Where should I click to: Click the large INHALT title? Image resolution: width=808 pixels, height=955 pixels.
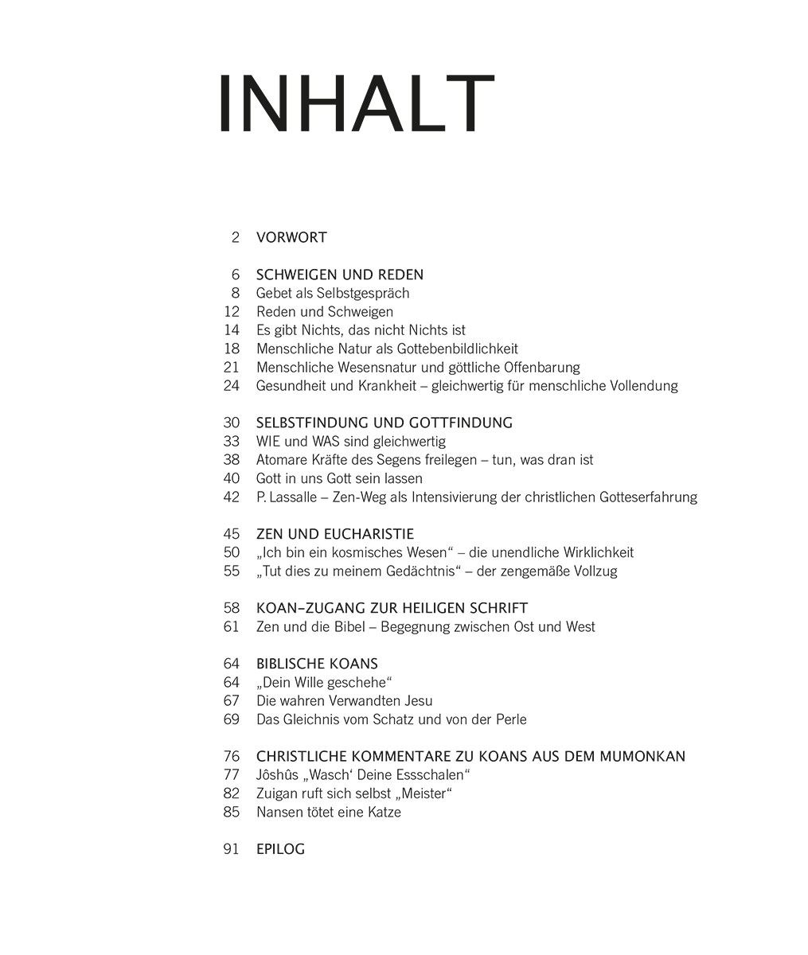point(356,104)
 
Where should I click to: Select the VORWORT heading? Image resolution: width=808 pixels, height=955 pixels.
point(291,237)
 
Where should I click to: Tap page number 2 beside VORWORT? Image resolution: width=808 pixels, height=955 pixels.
point(235,237)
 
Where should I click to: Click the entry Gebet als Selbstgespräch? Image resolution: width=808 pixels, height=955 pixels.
point(333,293)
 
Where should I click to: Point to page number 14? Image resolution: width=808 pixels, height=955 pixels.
point(232,330)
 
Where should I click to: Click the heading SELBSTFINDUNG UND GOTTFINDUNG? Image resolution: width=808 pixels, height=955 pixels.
point(384,423)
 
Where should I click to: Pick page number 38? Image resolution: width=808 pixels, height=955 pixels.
point(232,460)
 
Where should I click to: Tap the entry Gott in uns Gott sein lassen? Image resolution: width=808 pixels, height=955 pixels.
point(339,478)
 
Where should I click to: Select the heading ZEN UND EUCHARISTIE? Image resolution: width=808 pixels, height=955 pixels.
point(335,534)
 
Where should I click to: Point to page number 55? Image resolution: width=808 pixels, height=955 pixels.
point(232,571)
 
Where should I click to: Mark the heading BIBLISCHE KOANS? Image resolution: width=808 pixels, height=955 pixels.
point(317,664)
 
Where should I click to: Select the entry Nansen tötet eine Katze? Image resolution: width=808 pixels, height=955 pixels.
point(329,813)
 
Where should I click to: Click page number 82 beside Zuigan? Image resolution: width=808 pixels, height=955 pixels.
point(232,794)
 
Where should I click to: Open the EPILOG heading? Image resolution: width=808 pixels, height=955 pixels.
point(280,850)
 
